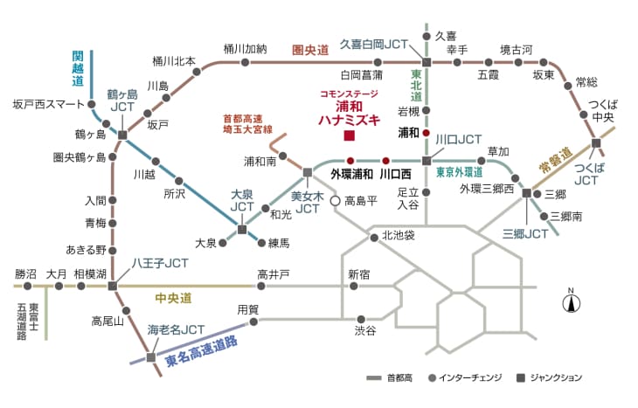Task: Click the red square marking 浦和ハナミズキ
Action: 349,135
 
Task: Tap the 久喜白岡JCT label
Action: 373,45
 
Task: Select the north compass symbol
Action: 572,301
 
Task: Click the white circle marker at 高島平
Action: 335,201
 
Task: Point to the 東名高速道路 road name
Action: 201,352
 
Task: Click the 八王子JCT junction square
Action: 112,286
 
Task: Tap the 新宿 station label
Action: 359,274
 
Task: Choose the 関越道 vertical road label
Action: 78,68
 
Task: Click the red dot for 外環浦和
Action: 350,161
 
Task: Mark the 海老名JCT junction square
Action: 151,357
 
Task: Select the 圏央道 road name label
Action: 310,51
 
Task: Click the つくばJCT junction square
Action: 596,142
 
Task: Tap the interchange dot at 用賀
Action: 253,322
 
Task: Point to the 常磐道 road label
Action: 556,160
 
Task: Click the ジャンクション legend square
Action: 520,378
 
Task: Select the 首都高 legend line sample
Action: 373,378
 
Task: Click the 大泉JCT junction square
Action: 242,230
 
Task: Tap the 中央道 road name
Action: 173,298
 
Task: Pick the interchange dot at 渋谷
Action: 361,319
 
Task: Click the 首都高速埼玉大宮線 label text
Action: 247,124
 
